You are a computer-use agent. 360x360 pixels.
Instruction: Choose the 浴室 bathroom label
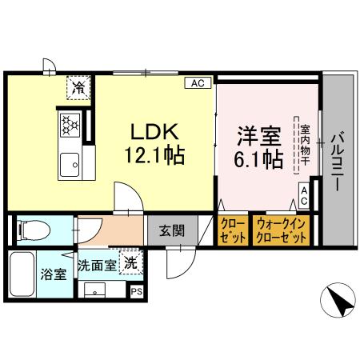pos(53,274)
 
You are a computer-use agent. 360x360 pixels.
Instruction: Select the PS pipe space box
pos(135,292)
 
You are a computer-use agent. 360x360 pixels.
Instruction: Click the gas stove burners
pos(70,124)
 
